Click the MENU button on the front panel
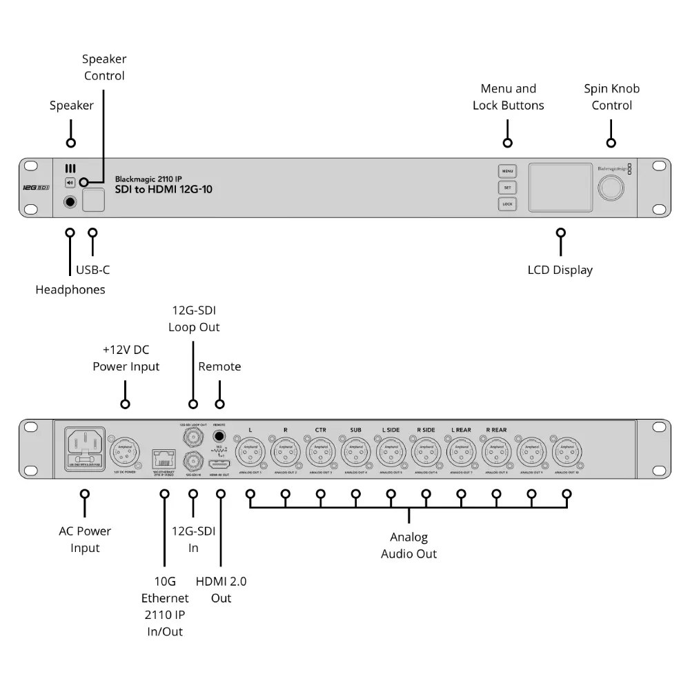tap(507, 170)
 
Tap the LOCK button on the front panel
tap(507, 204)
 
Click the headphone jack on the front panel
tap(70, 202)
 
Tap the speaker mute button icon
tap(70, 183)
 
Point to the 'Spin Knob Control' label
tap(611, 97)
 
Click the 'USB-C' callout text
tap(92, 270)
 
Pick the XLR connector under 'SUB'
tap(355, 453)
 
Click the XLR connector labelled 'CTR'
tap(320, 453)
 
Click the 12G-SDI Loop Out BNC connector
tap(192, 437)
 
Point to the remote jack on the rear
tap(220, 437)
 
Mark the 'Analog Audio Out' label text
tap(408, 545)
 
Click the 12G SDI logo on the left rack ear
tap(34, 187)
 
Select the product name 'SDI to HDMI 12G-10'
tap(164, 189)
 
